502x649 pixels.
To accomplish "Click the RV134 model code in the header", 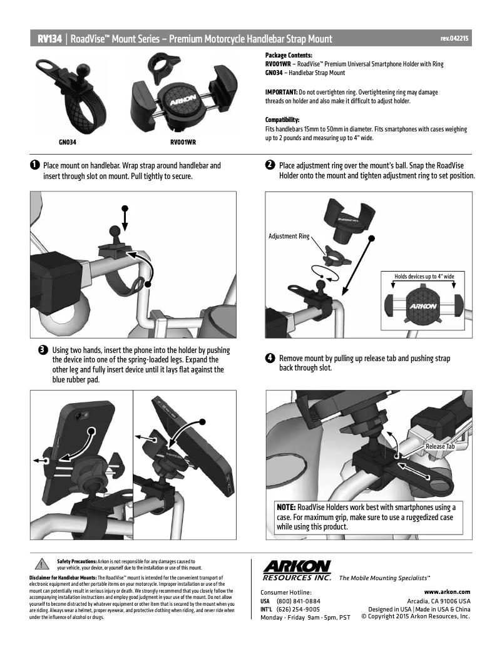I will pos(49,39).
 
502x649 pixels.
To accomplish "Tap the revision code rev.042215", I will pos(454,39).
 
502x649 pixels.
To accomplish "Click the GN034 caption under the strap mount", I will pos(68,142).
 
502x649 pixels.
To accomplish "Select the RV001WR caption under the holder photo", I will pos(183,142).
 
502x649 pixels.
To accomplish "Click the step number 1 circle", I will pos(34,166).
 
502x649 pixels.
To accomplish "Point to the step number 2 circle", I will pos(270,165).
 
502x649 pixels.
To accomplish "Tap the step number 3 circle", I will pos(43,350).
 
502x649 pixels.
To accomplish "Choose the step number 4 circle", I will pos(270,359).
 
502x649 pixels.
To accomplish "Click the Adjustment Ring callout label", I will pos(289,237).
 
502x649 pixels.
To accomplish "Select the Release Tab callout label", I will pos(440,446).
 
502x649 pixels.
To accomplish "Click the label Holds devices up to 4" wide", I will pos(424,276).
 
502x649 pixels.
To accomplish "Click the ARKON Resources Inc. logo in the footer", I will pos(297,570).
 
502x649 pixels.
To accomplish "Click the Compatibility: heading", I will pos(282,120).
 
